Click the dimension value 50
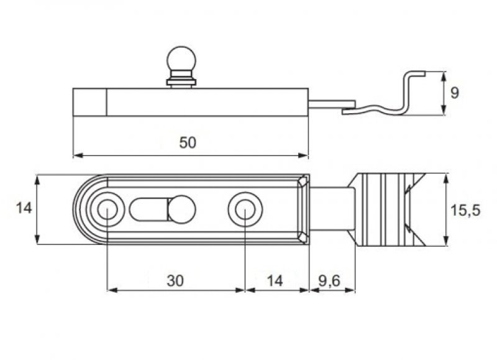[188, 142]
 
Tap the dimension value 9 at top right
[454, 93]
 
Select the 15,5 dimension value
[465, 210]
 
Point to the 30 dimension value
[175, 280]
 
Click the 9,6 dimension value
[329, 281]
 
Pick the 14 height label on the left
[24, 208]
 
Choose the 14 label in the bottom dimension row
[275, 280]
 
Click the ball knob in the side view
[181, 60]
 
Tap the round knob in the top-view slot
[181, 210]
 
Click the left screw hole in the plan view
[107, 210]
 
